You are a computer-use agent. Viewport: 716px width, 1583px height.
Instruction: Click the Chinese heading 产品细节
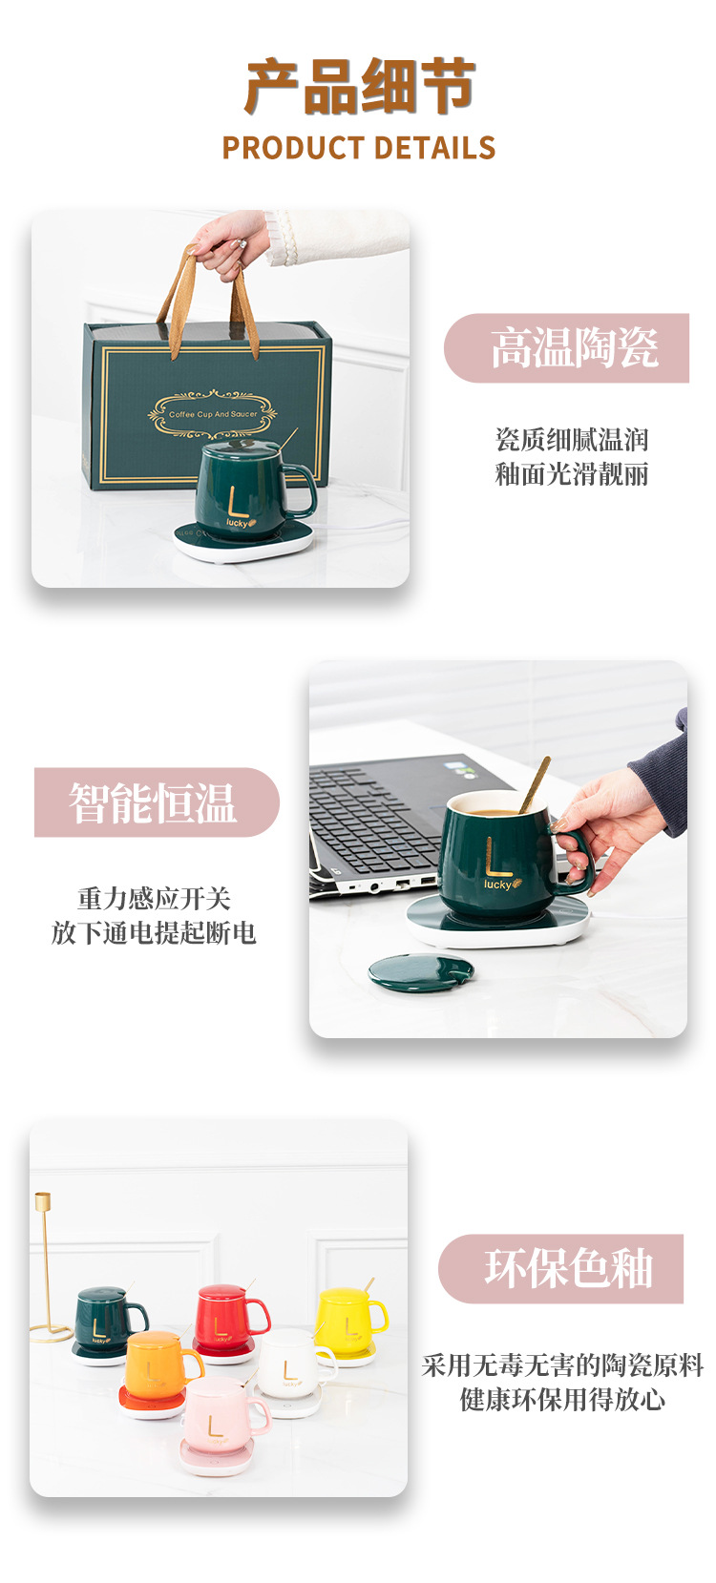(359, 87)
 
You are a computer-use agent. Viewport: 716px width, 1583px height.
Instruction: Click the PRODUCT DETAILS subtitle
(359, 148)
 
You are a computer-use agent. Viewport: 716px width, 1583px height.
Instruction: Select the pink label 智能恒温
(153, 802)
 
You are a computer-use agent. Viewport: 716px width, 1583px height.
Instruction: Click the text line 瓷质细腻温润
(572, 440)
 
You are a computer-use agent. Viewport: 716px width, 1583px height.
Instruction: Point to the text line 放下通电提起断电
(154, 933)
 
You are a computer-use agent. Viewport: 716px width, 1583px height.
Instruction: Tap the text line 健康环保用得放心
(562, 1400)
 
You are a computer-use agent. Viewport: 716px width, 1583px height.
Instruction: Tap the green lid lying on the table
(420, 972)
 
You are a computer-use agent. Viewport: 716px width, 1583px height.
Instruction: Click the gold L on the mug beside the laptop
(497, 857)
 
